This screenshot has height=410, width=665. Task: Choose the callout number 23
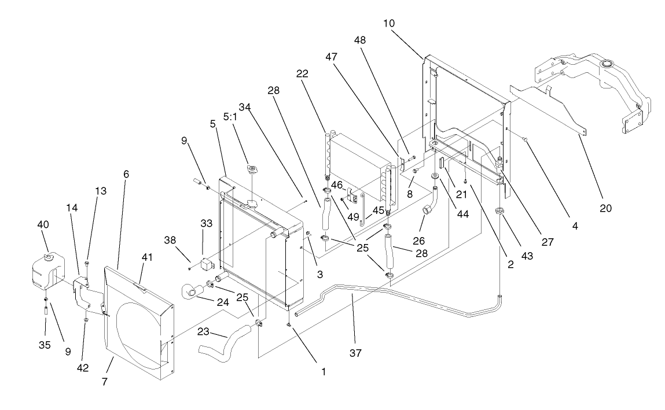tap(204, 333)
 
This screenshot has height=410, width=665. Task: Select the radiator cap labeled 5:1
tap(252, 169)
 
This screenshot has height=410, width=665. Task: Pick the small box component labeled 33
tap(208, 266)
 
